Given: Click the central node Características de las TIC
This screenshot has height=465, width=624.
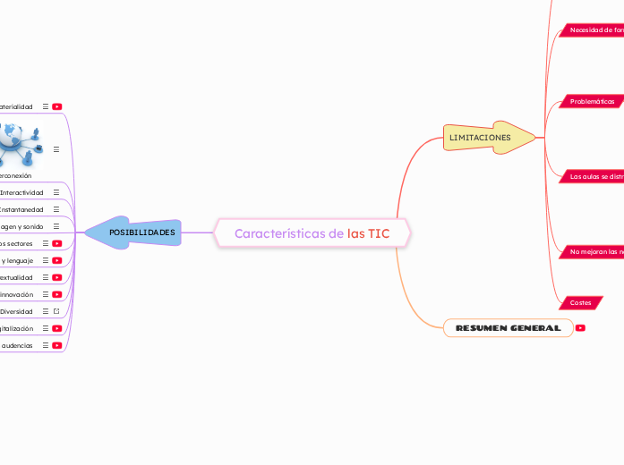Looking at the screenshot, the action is pyautogui.click(x=312, y=233).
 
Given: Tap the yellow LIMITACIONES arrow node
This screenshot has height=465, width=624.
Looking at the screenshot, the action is pyautogui.click(x=483, y=138).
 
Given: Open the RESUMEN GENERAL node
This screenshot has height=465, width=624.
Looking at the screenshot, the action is pyautogui.click(x=508, y=328).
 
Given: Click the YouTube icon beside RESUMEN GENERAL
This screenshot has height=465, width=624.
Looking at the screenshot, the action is pyautogui.click(x=580, y=328).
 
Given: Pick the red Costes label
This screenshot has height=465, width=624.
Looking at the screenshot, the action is pyautogui.click(x=580, y=303).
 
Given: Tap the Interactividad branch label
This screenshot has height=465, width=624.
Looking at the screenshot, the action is pyautogui.click(x=21, y=192).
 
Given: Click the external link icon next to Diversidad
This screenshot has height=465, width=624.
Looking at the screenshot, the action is pyautogui.click(x=56, y=311).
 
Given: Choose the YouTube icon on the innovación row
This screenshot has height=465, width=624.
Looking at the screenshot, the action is pyautogui.click(x=56, y=294).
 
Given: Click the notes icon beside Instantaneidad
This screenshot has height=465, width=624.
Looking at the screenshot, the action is pyautogui.click(x=56, y=209).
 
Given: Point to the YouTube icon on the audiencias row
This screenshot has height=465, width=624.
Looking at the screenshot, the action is pyautogui.click(x=56, y=345).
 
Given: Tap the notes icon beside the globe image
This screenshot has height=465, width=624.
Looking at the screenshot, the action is pyautogui.click(x=56, y=149).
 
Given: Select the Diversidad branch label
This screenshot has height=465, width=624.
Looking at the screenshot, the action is pyautogui.click(x=17, y=311).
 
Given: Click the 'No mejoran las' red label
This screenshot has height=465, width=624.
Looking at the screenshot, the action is pyautogui.click(x=595, y=252).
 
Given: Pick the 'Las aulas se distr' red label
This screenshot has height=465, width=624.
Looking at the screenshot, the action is pyautogui.click(x=595, y=177).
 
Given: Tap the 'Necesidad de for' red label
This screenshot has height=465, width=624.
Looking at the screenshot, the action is pyautogui.click(x=595, y=30).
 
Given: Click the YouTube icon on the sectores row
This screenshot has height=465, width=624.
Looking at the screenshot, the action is pyautogui.click(x=56, y=243).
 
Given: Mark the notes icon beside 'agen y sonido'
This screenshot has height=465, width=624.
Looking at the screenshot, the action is pyautogui.click(x=56, y=226).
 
